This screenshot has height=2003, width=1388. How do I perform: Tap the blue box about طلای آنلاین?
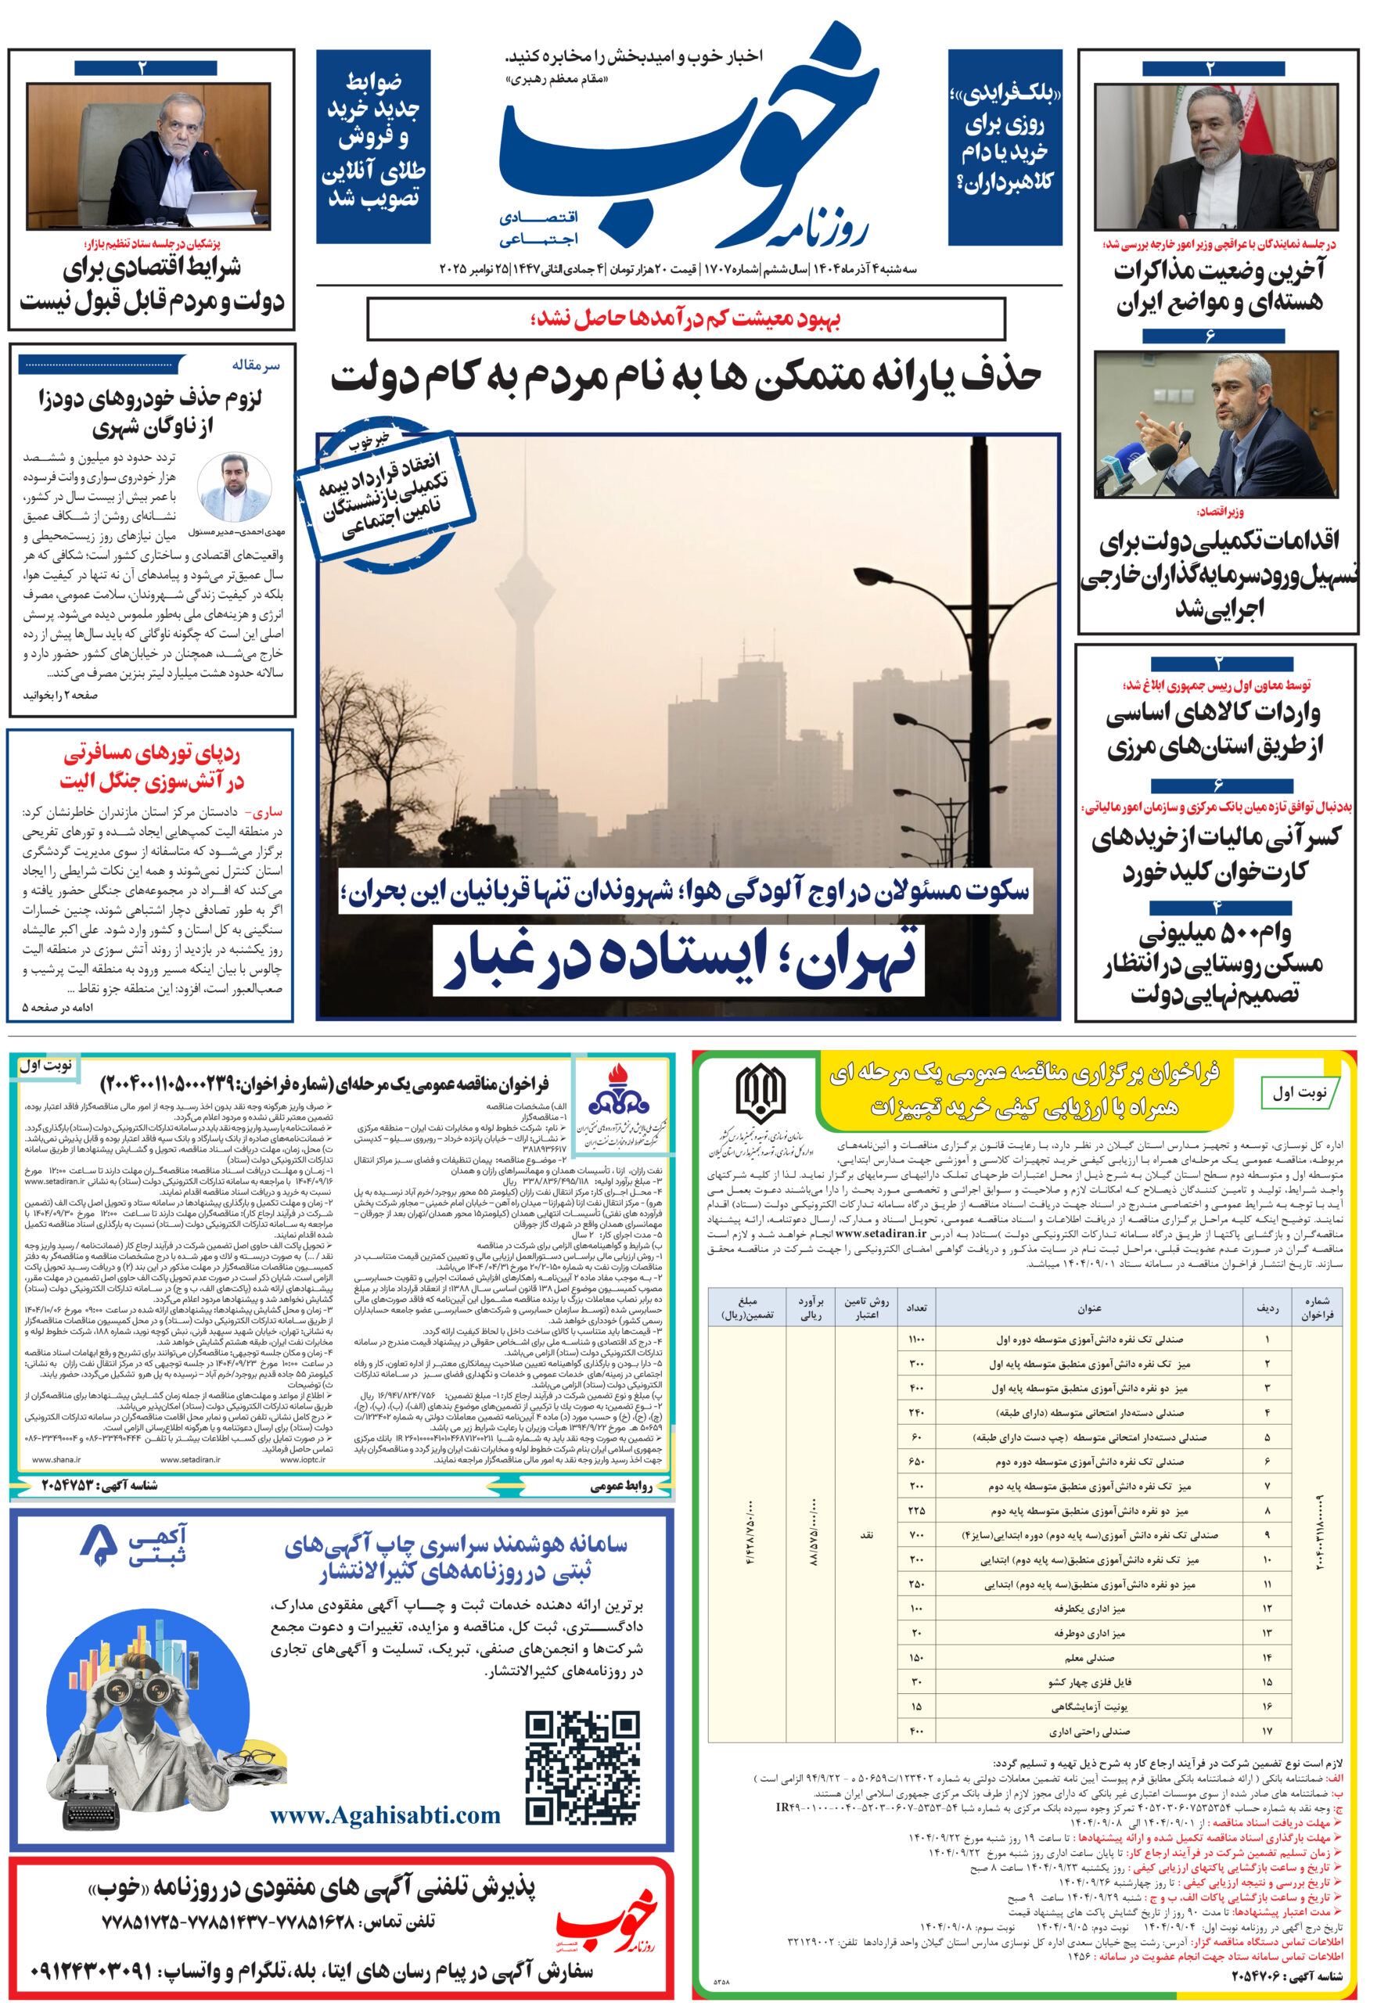point(373,146)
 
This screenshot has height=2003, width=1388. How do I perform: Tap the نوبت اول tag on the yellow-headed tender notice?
point(1300,1092)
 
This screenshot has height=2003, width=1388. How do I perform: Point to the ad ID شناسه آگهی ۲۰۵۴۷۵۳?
point(99,1484)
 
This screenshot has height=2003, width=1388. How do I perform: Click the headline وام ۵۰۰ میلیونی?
point(1214,935)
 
